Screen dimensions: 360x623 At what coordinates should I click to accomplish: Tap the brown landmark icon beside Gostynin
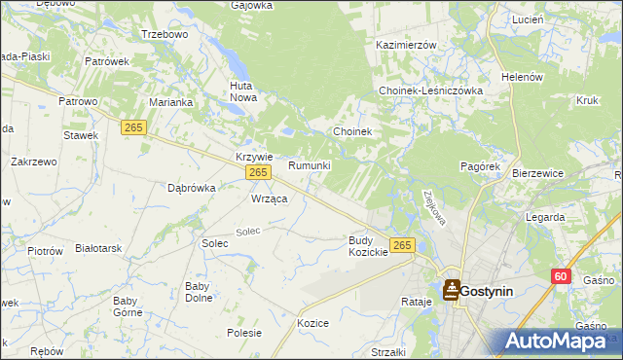coord(452,289)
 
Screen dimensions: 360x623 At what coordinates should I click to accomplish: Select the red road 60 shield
coord(560,276)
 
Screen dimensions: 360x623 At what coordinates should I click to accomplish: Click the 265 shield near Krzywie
coord(257,172)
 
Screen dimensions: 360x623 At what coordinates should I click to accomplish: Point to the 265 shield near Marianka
coord(134,126)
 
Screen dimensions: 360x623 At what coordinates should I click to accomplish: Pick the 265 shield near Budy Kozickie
coord(402,244)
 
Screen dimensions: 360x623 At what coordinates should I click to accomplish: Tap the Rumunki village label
coord(310,166)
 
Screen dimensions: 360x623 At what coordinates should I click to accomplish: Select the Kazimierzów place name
coord(406,45)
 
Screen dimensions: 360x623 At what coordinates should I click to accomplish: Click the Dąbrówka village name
coord(191,188)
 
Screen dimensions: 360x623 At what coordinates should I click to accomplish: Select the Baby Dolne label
coord(200,292)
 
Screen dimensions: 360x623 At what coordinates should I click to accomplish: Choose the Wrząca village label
coord(269,198)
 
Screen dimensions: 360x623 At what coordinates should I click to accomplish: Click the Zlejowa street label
coord(429,205)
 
